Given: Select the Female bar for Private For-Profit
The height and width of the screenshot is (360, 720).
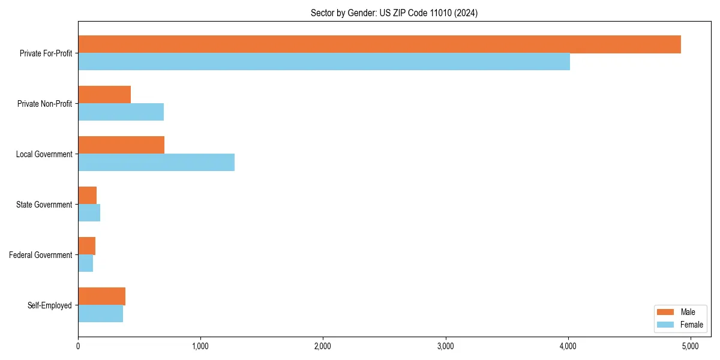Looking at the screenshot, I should coord(324,62).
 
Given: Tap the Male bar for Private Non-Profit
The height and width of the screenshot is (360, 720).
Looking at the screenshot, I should coord(104,95).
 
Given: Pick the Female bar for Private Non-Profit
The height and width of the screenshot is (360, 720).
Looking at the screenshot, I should coord(121,112).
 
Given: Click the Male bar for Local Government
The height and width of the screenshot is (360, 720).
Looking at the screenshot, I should coord(121,145).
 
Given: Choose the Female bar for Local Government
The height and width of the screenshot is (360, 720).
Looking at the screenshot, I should coord(156,163).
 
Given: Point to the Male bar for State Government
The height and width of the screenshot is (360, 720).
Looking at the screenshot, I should coord(87,196).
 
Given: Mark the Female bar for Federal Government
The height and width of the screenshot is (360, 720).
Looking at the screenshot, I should coord(85,263).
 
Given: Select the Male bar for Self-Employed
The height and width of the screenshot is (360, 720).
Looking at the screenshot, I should coord(101,296).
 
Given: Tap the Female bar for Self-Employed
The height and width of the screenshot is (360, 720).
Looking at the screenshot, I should coord(100,314).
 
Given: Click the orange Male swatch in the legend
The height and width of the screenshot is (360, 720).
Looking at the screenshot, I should coord(666,312).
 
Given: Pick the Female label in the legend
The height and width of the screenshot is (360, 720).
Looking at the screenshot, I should coord(691,325).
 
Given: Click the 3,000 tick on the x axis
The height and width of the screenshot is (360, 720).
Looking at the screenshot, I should coord(446,346).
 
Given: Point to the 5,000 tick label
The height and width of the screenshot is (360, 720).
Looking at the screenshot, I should coord(691,346).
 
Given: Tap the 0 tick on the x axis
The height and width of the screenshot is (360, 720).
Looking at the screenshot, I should coord(78,346).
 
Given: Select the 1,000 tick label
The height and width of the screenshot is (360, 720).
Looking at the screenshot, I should coord(200,346).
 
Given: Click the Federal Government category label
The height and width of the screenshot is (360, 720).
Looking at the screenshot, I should coord(41,255).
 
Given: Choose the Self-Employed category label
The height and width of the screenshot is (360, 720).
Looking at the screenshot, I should coord(50,305).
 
